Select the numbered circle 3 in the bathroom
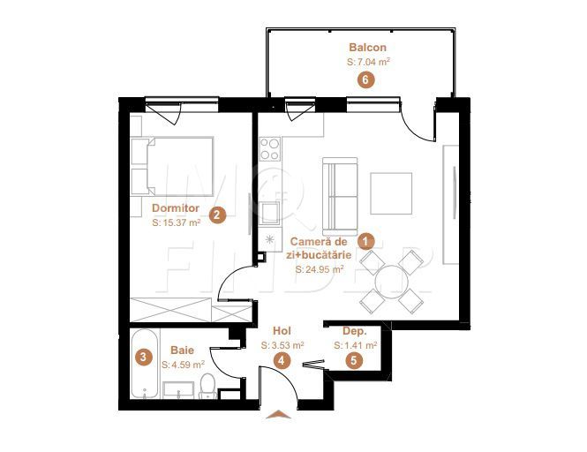click(x=143, y=358)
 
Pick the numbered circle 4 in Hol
click(x=282, y=359)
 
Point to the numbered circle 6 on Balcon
click(x=365, y=79)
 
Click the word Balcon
click(x=367, y=48)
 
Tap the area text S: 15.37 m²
click(x=177, y=224)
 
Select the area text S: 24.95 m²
click(x=320, y=270)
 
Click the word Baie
click(x=183, y=350)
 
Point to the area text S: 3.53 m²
click(x=282, y=345)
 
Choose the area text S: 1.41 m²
click(x=356, y=345)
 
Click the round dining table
click(x=391, y=282)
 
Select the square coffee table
click(x=391, y=193)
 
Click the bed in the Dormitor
click(x=174, y=165)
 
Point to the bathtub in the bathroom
click(x=142, y=365)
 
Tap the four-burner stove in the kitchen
click(x=270, y=149)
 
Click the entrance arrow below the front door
click(x=277, y=413)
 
